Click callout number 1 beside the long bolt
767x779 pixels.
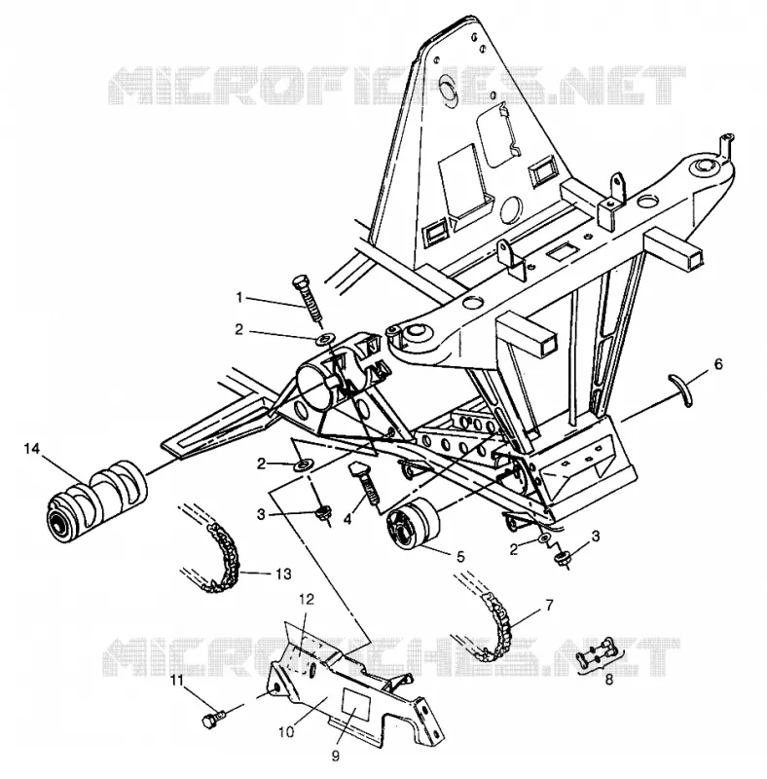click(238, 298)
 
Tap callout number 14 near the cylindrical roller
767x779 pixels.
click(31, 449)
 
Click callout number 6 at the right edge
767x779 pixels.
click(718, 363)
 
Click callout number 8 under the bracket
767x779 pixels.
click(609, 680)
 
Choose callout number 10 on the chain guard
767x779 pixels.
click(286, 732)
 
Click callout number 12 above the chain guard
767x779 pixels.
click(307, 600)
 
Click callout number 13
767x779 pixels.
click(283, 575)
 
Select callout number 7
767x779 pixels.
click(548, 606)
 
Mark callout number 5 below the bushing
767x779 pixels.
click(460, 557)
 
